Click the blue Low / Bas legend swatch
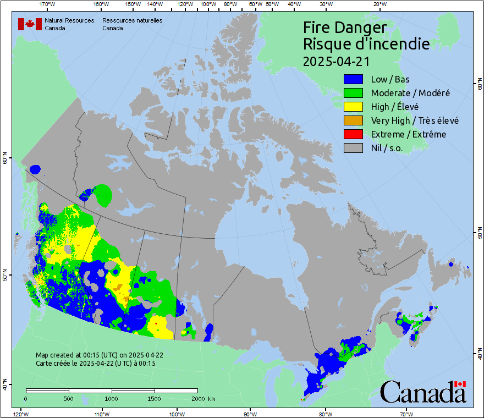[353, 79]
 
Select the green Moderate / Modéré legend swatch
[353, 93]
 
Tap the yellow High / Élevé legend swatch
[353, 107]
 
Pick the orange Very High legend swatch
[353, 120]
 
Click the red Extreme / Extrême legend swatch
[353, 134]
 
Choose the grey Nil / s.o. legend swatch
[353, 148]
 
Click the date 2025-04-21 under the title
[336, 61]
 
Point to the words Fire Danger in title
[345, 28]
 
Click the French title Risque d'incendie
[366, 44]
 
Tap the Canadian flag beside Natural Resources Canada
[29, 24]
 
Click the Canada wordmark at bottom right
[423, 392]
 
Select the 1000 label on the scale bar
[112, 398]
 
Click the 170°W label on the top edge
[48, 4]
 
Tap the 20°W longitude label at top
[378, 4]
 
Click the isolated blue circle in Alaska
[35, 169]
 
